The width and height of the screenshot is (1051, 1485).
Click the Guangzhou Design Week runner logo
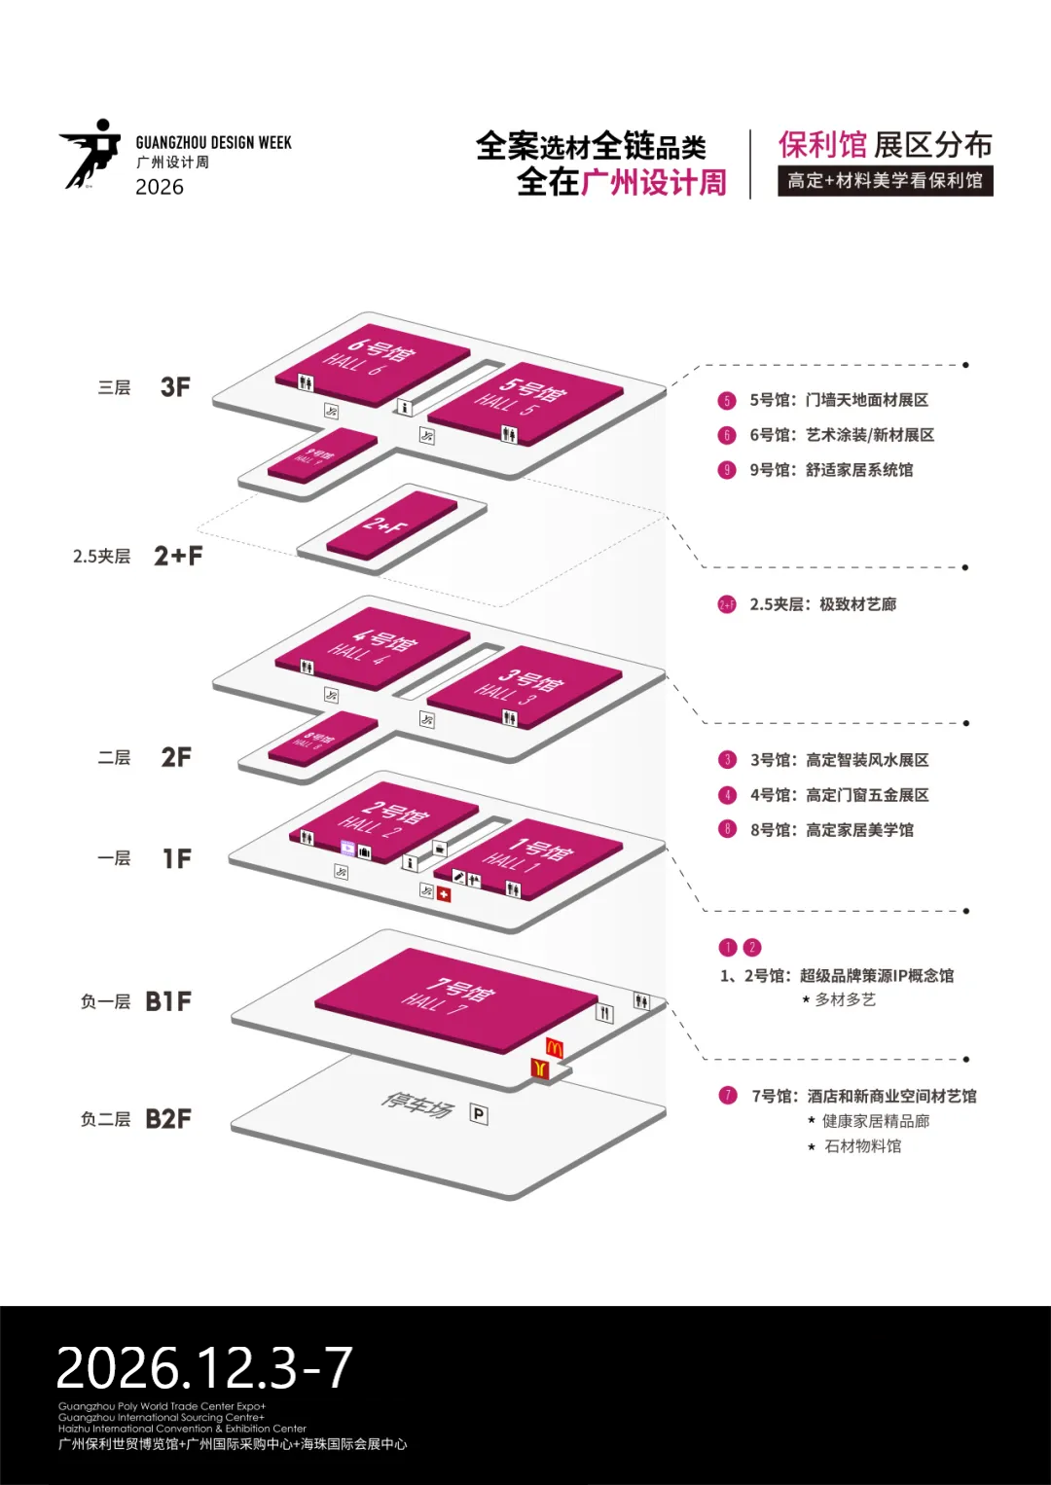[91, 153]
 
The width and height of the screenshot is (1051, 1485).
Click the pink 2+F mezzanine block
[391, 525]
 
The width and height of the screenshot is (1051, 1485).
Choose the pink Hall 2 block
[383, 818]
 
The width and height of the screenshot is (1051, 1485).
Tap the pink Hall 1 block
[530, 857]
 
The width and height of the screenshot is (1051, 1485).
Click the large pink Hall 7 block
[454, 998]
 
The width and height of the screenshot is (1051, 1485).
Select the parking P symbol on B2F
[479, 1113]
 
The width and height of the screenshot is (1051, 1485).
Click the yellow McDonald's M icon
[555, 1048]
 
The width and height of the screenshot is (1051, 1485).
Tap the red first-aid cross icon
[444, 894]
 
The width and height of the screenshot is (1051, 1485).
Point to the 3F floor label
[175, 387]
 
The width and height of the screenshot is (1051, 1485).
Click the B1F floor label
[168, 1001]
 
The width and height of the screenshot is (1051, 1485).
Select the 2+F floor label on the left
[178, 556]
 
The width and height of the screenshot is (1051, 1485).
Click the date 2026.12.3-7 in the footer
[204, 1367]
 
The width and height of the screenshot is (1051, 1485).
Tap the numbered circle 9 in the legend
[727, 470]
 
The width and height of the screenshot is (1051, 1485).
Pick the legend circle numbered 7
[728, 1096]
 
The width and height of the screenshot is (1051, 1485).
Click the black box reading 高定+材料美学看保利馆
[885, 181]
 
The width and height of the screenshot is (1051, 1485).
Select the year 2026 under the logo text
[160, 187]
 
